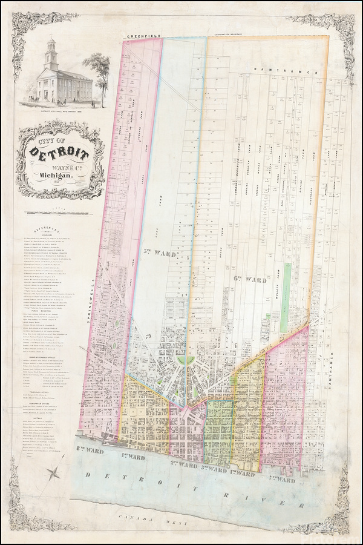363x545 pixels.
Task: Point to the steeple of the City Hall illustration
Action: pos(51,51)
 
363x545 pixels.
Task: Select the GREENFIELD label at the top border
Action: pos(143,36)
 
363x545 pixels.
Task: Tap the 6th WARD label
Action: pos(249,280)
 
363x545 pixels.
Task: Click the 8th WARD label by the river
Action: pos(87,449)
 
